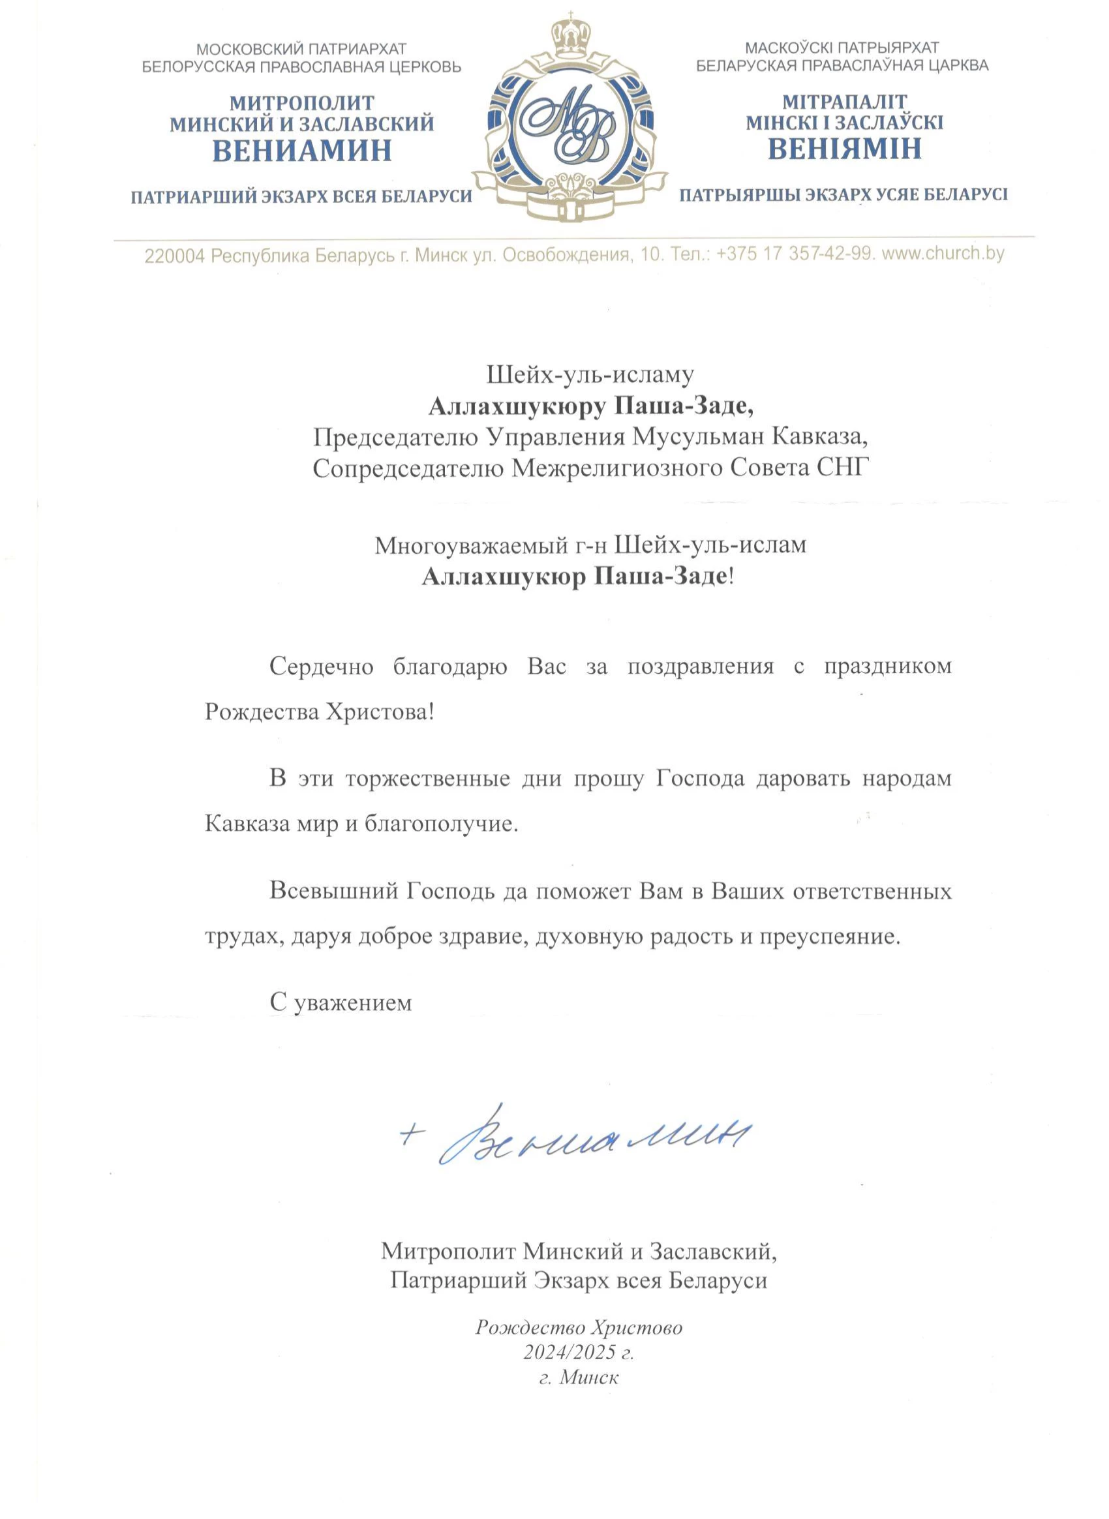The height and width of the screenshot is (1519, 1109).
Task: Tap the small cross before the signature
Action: click(x=412, y=1133)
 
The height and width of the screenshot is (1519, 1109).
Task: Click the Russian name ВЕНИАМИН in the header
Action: click(x=302, y=151)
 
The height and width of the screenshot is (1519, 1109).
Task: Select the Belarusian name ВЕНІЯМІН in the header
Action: click(x=845, y=148)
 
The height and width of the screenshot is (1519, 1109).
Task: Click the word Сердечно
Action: click(x=322, y=667)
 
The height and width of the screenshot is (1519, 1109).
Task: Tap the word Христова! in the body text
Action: click(x=380, y=712)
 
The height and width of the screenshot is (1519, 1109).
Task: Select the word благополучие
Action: click(x=441, y=824)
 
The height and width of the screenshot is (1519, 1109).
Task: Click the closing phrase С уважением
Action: click(x=341, y=1003)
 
